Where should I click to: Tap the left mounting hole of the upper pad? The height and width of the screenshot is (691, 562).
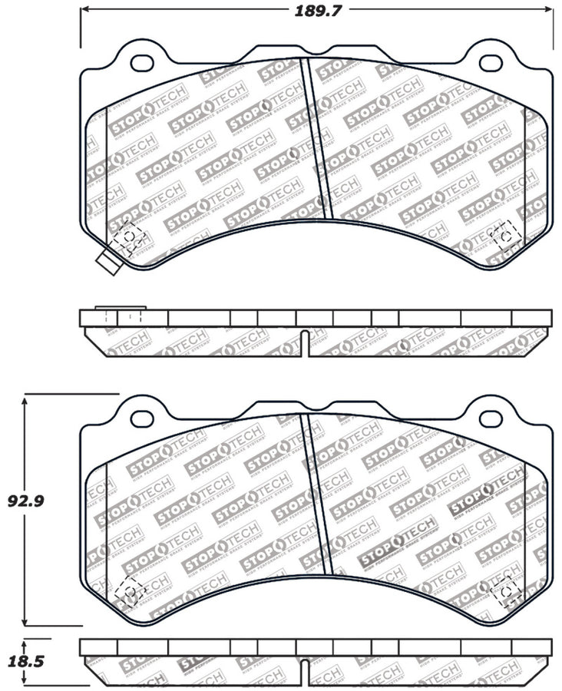pos(142,61)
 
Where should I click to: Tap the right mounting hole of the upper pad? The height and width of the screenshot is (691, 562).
pos(488,61)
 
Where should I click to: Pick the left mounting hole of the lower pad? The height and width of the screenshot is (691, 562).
pos(142,417)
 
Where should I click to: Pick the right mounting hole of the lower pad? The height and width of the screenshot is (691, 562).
pos(488,417)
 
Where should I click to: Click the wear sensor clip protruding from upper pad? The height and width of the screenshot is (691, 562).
pos(107,262)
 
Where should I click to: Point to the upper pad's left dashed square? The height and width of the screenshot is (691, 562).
pos(128,236)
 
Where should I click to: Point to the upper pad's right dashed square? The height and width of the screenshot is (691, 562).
pos(504,234)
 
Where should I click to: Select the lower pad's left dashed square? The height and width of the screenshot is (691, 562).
pos(128,590)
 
